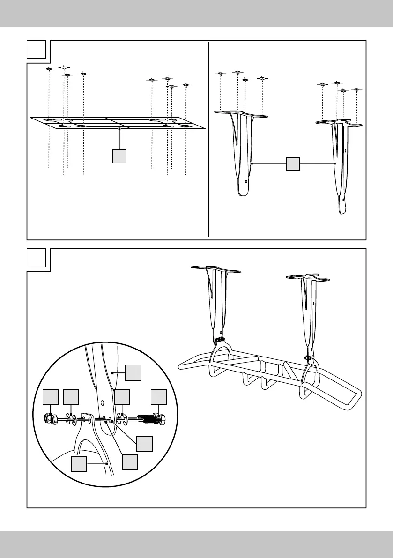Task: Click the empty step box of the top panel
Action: click(x=36, y=50)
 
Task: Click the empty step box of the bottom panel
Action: click(x=36, y=258)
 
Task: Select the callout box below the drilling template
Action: click(x=120, y=156)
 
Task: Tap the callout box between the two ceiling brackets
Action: click(x=293, y=164)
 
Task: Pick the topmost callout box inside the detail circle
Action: click(x=133, y=373)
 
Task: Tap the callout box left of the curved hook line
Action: click(x=79, y=464)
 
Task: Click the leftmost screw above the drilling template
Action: click(x=49, y=69)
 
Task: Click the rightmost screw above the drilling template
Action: click(x=186, y=85)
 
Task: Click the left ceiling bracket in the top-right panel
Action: click(x=242, y=150)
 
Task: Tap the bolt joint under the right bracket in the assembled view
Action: click(x=310, y=359)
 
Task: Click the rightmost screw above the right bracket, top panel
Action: click(x=357, y=89)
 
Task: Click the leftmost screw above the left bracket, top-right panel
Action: click(x=220, y=74)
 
